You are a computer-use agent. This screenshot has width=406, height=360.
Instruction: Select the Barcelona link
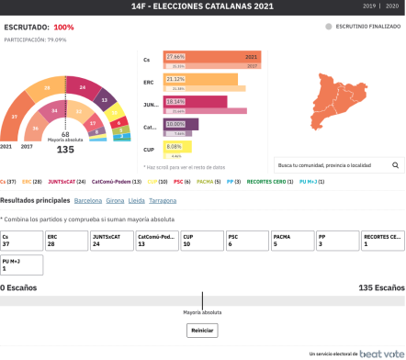[88, 199]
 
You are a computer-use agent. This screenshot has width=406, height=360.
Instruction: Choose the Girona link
[115, 199]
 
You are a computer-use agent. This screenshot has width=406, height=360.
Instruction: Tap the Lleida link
[137, 199]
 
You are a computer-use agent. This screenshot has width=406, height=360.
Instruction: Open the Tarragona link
[163, 199]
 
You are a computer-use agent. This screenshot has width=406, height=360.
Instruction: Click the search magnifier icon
[396, 165]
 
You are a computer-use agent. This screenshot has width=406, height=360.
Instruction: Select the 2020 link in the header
[392, 6]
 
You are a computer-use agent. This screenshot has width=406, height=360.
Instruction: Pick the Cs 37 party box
[21, 240]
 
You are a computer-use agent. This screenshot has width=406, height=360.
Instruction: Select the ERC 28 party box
[66, 240]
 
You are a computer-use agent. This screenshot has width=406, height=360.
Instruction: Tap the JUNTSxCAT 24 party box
[111, 240]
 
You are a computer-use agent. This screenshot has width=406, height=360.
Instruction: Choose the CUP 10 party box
[202, 240]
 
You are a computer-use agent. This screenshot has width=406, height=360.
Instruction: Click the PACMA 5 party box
[292, 240]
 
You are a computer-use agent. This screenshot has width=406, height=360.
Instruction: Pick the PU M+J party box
[21, 264]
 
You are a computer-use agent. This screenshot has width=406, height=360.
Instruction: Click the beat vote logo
[380, 353]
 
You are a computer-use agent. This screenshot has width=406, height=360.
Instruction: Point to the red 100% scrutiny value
[63, 28]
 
